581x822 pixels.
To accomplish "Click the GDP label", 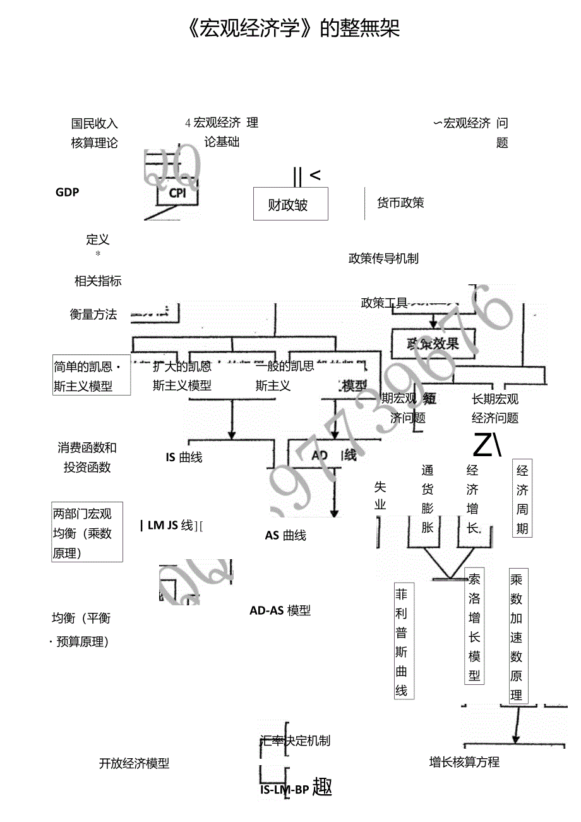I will tap(68, 192).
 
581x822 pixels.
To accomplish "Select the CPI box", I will tap(177, 193).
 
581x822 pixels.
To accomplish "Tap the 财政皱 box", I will tap(290, 204).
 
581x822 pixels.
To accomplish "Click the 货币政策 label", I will tap(400, 203).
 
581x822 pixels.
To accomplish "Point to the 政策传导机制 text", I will tap(383, 258).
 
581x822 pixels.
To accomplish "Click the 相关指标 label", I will tap(98, 281).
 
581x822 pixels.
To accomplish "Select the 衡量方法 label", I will tap(93, 314).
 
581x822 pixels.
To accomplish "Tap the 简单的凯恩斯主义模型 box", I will tap(92, 377).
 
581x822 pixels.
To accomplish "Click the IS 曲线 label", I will tap(184, 457).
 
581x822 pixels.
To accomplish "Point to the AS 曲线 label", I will tap(285, 535).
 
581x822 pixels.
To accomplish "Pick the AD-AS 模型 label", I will tap(280, 610).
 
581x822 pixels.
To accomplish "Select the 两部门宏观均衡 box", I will tap(87, 533).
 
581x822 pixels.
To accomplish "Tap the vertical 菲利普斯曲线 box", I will tap(402, 641).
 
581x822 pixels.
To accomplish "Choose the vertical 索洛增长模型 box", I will tap(474, 626).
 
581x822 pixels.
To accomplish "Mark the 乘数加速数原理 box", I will tap(517, 637).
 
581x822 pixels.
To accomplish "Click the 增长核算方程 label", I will tap(464, 762).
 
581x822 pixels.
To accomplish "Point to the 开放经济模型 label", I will tap(135, 763).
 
